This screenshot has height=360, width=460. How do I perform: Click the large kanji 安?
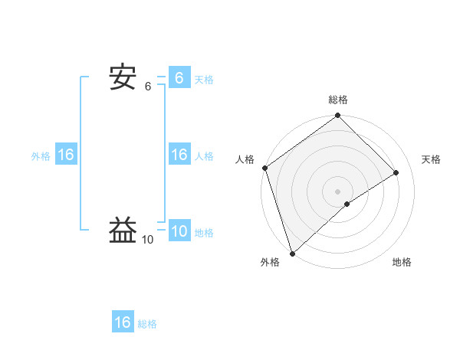(123, 77)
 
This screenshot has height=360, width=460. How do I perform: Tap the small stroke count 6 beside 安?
(148, 87)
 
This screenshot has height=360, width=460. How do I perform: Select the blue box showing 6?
(179, 77)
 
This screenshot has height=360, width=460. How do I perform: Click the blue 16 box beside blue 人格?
(179, 155)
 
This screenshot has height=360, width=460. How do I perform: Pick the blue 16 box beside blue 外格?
(66, 155)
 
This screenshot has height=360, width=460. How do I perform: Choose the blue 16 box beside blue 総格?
(123, 322)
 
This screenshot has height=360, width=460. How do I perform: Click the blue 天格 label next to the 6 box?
(204, 79)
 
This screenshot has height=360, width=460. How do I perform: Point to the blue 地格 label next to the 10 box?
(204, 233)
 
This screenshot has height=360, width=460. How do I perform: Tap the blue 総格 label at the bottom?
(147, 324)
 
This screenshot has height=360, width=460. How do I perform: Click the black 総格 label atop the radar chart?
(338, 100)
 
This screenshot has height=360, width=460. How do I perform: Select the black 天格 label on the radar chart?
(432, 159)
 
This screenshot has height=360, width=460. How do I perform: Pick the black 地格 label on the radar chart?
(402, 263)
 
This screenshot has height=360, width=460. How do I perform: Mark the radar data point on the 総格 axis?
(338, 116)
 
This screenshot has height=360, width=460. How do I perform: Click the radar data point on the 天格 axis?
(396, 173)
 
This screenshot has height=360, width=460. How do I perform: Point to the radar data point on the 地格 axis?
(347, 204)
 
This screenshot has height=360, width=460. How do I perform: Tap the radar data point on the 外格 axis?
(292, 253)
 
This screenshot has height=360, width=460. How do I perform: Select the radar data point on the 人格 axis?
(264, 168)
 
